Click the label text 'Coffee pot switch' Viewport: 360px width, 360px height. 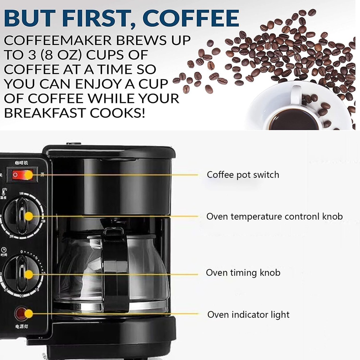click(x=243, y=175)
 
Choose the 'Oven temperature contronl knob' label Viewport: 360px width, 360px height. click(x=274, y=216)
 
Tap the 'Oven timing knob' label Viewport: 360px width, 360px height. click(x=243, y=273)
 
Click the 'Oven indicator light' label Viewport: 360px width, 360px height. click(x=248, y=315)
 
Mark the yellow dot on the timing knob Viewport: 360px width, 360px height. click(x=28, y=274)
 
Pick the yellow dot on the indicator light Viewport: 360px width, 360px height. click(x=28, y=314)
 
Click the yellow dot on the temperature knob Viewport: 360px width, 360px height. click(x=28, y=216)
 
